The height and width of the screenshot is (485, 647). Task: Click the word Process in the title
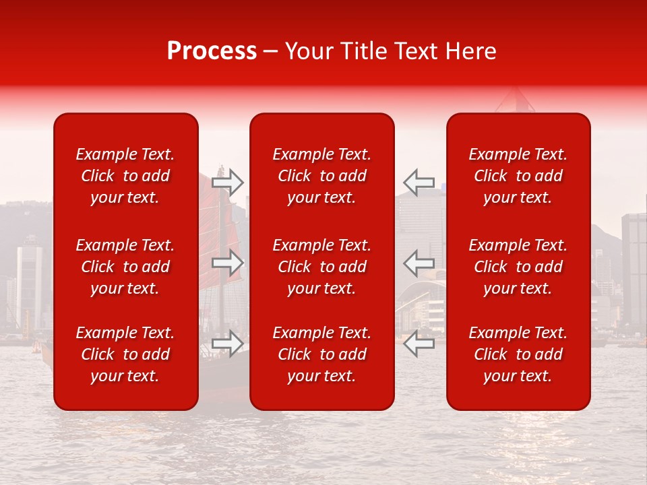coord(212,51)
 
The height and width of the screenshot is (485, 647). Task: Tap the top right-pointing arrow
coord(228,182)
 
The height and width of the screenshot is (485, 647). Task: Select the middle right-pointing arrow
coord(228,263)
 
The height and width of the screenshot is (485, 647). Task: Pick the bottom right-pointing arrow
coord(228,343)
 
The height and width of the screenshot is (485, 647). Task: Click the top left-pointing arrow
coord(419,182)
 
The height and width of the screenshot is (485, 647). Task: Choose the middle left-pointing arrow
coord(419,263)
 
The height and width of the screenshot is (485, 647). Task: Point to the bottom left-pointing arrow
coord(419,343)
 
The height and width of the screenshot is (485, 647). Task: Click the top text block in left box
coord(125,176)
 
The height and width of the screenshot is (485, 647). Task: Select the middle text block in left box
coord(125,267)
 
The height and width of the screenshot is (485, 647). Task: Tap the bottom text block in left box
coord(125,354)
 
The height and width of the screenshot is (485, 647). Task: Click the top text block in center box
coord(322,176)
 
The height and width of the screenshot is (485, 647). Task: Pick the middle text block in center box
coord(322,267)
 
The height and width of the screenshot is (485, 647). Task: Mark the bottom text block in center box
coord(322,354)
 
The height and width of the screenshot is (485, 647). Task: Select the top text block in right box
coord(518,176)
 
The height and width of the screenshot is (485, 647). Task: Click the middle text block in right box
coord(518,267)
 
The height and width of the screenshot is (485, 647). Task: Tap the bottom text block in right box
coord(518,354)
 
